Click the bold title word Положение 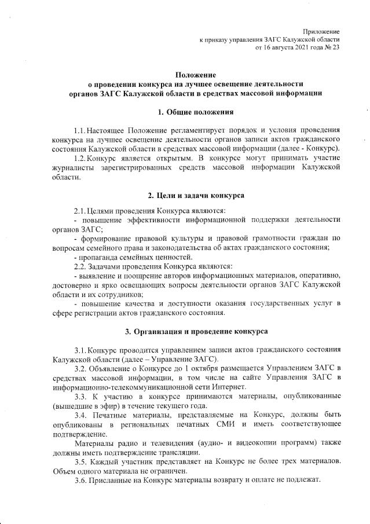pyautogui.click(x=196, y=75)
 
